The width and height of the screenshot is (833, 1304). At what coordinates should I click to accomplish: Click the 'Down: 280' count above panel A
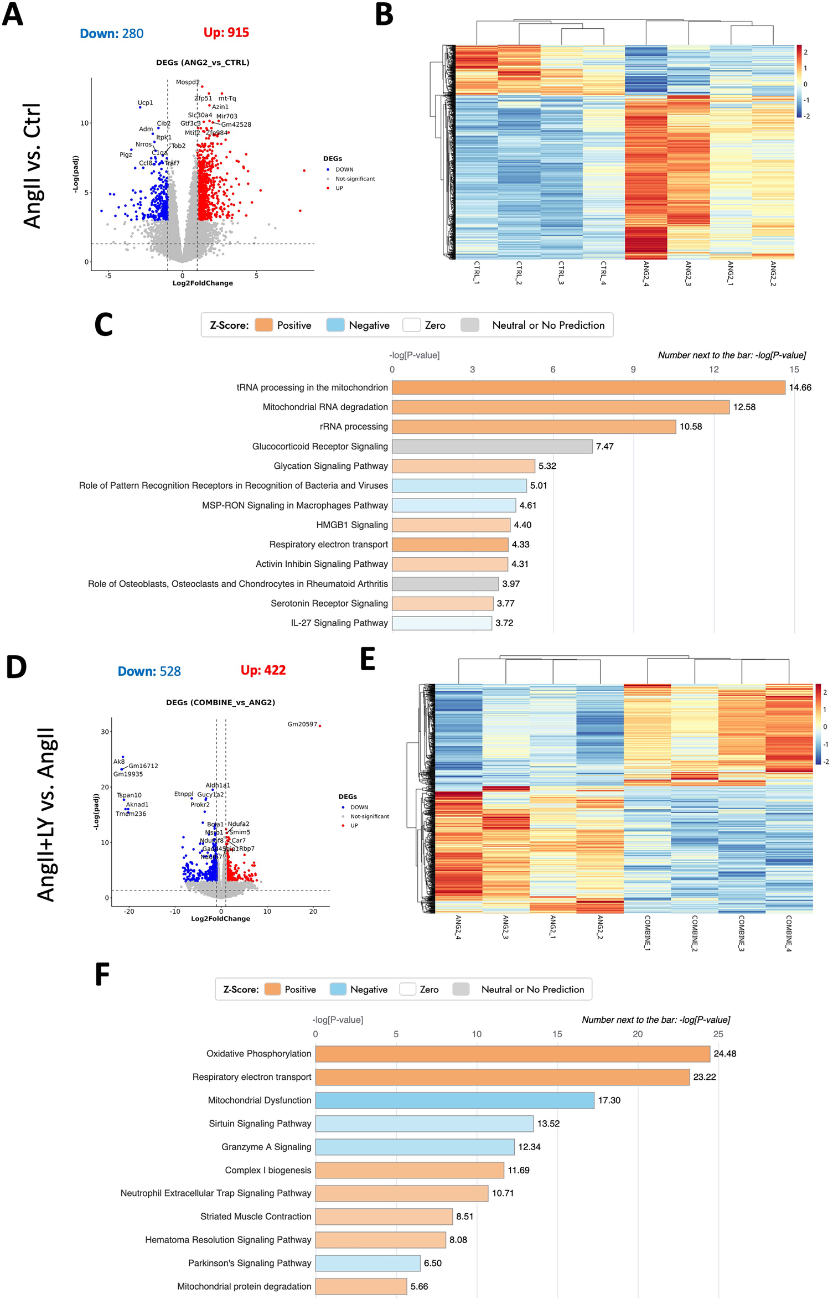click(111, 34)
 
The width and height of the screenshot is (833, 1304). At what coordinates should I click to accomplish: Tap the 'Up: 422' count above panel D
click(263, 670)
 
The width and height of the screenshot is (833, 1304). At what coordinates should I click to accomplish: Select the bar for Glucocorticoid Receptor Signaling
click(491, 446)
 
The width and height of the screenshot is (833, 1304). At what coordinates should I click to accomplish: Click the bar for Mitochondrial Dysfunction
click(454, 1100)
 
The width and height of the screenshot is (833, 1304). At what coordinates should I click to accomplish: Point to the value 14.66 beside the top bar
click(800, 387)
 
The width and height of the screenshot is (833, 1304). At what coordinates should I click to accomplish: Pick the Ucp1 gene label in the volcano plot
click(145, 103)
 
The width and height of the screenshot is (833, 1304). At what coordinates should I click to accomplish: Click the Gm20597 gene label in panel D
click(302, 724)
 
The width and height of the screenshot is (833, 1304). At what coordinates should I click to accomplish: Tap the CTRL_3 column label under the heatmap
click(561, 272)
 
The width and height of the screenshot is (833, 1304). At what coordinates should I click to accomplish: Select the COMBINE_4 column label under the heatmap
click(789, 933)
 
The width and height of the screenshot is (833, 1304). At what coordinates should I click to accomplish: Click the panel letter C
click(104, 325)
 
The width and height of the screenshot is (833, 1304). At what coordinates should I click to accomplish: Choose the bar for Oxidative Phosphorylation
click(513, 1054)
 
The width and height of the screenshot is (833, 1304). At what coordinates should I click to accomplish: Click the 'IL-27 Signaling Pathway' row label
click(339, 623)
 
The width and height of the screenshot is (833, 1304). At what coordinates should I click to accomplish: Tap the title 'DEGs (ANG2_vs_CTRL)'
click(203, 63)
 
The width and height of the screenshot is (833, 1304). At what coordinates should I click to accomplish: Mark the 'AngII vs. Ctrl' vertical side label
click(33, 165)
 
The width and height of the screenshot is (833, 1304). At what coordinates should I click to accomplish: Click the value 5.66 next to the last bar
click(419, 1286)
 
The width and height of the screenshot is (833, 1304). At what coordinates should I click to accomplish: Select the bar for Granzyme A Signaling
click(415, 1147)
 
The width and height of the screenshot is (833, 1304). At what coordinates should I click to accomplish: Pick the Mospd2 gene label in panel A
click(188, 82)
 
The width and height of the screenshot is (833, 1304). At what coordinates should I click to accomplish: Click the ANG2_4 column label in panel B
click(646, 273)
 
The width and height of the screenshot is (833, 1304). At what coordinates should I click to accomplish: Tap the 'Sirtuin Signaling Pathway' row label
click(260, 1124)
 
